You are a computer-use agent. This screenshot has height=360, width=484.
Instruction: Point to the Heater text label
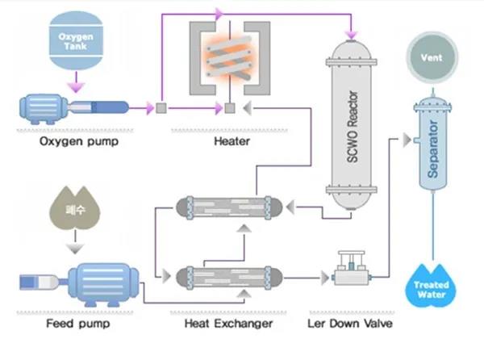click(232, 142)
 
